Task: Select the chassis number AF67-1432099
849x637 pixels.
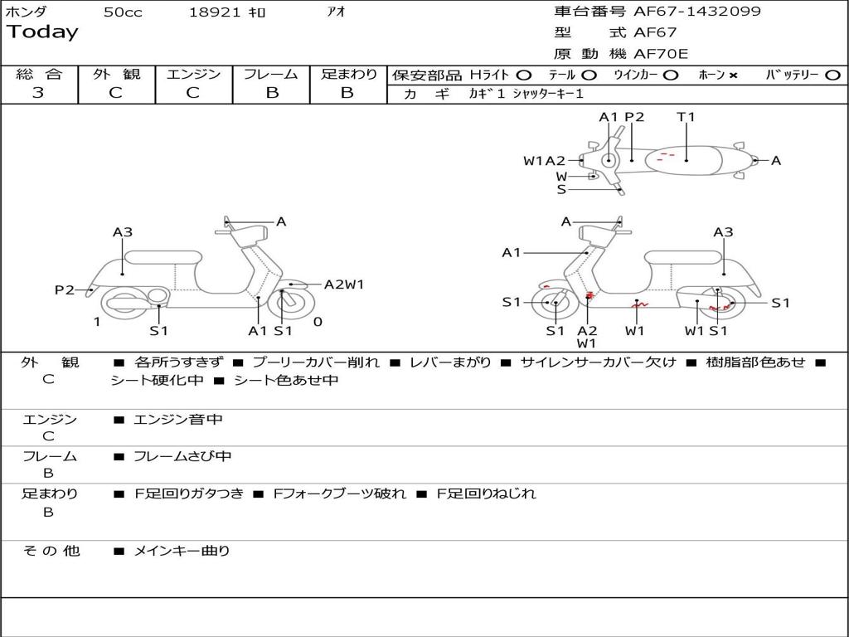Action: tap(696, 12)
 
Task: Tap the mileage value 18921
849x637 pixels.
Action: tap(215, 12)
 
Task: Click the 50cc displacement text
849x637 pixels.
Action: tap(123, 12)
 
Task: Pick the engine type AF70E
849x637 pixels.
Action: tap(661, 54)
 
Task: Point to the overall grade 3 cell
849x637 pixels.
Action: tap(38, 93)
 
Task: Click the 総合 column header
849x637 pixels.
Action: tap(39, 75)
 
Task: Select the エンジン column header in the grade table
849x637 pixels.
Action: tap(193, 75)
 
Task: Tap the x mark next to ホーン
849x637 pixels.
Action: tap(733, 75)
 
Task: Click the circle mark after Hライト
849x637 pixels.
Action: tap(523, 75)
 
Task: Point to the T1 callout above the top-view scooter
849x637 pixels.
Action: tap(686, 117)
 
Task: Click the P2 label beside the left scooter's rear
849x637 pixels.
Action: tap(65, 289)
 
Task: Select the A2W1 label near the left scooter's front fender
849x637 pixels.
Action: tap(344, 284)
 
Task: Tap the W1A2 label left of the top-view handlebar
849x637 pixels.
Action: tap(544, 161)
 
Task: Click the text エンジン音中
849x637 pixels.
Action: tap(178, 420)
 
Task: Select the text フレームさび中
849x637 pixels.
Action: tap(182, 456)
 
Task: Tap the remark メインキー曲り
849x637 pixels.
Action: tap(182, 551)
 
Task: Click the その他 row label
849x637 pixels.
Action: tap(51, 551)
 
